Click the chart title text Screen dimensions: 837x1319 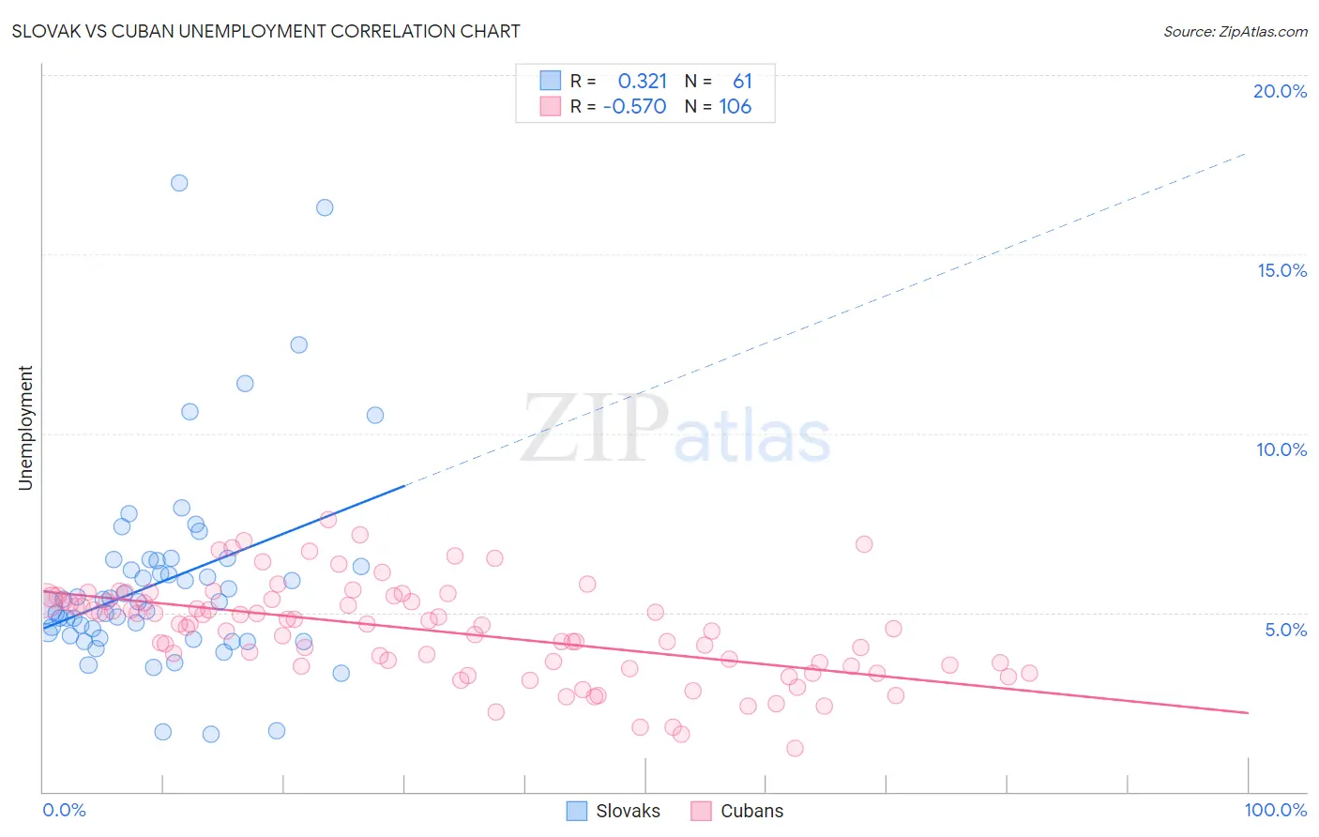point(265,31)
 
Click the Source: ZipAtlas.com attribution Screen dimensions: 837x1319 point(1235,31)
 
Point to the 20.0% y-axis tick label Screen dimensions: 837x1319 point(1280,91)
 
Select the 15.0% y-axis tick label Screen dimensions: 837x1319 point(1281,270)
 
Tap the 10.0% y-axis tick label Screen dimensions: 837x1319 point(1281,449)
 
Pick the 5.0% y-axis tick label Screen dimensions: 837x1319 point(1285,630)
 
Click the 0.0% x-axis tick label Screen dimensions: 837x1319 point(64,810)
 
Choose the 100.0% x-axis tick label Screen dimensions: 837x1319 point(1275,810)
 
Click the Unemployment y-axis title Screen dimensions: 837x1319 point(25,428)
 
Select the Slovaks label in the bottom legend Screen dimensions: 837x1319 point(628,811)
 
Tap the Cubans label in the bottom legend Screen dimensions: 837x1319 point(751,811)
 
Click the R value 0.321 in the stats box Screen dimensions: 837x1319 point(642,82)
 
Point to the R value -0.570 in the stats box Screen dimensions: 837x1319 point(635,107)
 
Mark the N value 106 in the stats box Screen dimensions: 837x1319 point(735,107)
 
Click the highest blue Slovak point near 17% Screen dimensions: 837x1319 point(179,183)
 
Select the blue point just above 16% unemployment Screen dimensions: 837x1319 point(325,207)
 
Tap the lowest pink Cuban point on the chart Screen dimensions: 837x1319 point(795,748)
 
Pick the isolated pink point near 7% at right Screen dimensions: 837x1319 point(864,544)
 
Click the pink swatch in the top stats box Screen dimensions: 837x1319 point(550,106)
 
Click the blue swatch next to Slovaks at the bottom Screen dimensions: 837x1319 point(577,811)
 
